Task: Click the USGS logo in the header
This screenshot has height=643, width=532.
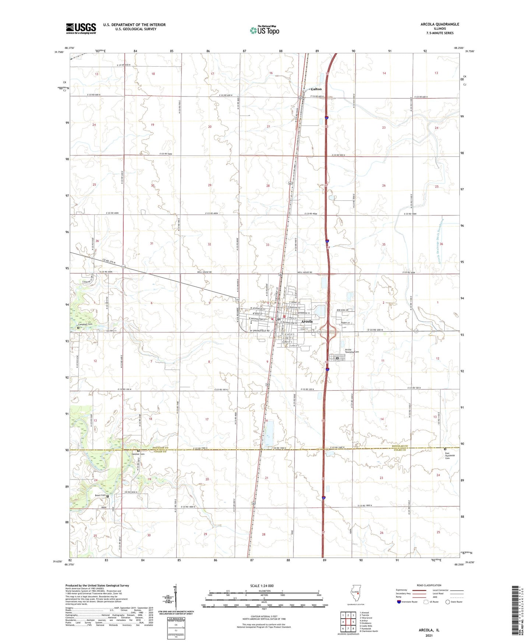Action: click(81, 28)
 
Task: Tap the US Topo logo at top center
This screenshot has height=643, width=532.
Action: click(264, 30)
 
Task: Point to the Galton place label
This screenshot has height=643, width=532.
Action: click(316, 89)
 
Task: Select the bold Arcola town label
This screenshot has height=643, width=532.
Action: click(307, 321)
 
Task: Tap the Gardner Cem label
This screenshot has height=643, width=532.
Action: click(138, 454)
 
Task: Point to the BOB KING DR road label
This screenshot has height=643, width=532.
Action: click(342, 310)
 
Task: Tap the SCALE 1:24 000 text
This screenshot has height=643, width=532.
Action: click(261, 586)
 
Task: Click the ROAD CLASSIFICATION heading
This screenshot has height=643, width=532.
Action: click(429, 585)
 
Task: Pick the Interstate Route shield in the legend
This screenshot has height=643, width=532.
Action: click(399, 602)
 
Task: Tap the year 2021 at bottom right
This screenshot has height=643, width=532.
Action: click(429, 635)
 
